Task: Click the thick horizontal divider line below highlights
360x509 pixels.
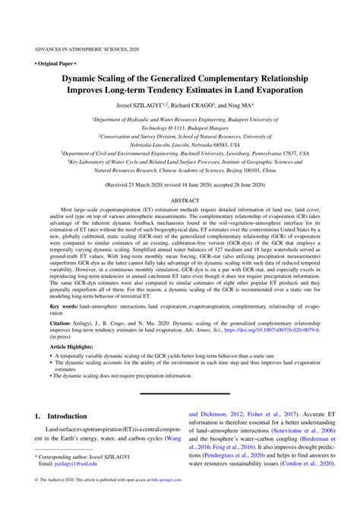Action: (x=180, y=394)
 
